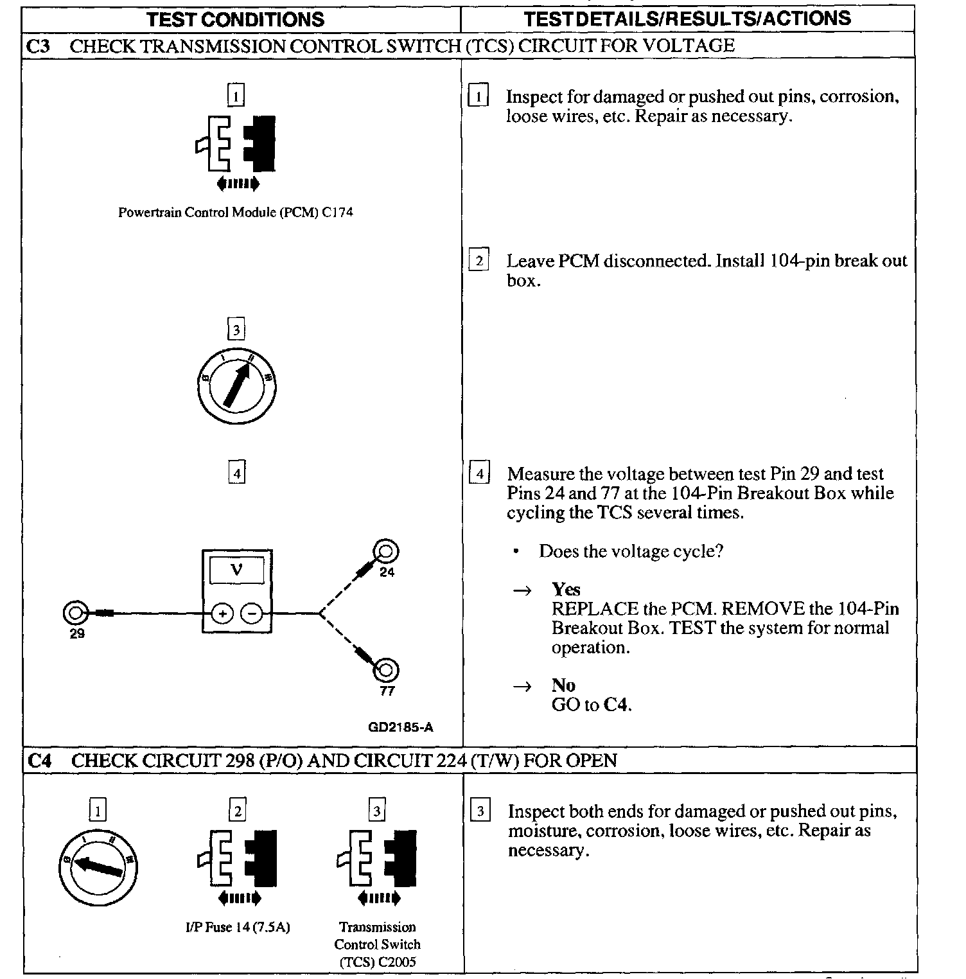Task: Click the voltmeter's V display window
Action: tap(237, 570)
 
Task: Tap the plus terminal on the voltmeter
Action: tap(222, 614)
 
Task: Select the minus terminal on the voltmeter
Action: tap(252, 614)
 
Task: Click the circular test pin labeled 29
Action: tap(75, 613)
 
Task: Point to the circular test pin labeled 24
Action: tap(386, 552)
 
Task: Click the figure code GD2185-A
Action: tap(400, 727)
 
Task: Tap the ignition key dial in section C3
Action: tap(237, 386)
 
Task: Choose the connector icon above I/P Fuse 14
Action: tap(238, 865)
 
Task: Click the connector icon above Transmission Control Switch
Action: tap(377, 865)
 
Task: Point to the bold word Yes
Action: tap(566, 590)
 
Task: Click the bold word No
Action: tap(563, 685)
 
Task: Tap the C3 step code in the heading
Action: tap(39, 46)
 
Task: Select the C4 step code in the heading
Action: tap(40, 761)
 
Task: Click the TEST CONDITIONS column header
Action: tap(236, 19)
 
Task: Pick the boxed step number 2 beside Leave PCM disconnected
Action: tap(479, 261)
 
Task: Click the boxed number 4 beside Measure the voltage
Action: tap(479, 475)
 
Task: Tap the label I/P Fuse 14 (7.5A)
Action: tap(237, 928)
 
